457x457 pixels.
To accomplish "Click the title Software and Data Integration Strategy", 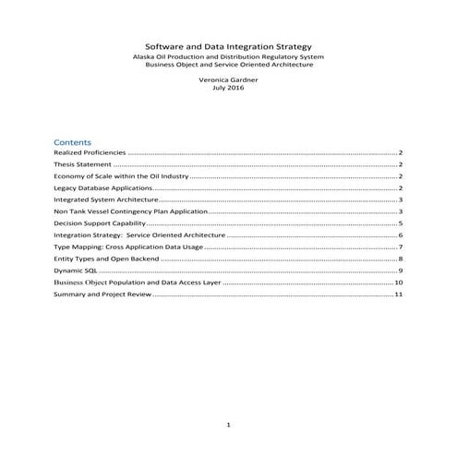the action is pos(228,46).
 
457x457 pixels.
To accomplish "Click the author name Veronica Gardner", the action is pos(228,82).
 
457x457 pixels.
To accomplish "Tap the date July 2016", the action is pos(228,90).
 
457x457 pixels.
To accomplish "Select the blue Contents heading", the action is pos(72,143).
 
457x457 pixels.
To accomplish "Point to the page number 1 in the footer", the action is pos(228,424).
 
